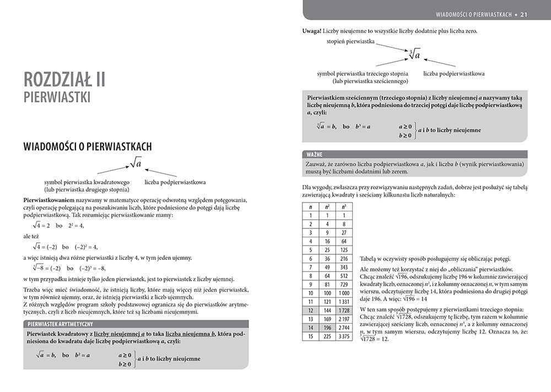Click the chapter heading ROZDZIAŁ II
coord(66,79)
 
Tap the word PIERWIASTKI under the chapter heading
coord(57,98)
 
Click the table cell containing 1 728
coord(344,310)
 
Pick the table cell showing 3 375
coord(344,337)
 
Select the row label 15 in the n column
coord(311,337)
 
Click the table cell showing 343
coord(344,267)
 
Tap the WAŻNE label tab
coord(316,154)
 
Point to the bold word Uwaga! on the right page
coord(313,31)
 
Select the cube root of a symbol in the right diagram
coord(415,55)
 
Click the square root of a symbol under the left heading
coord(136,164)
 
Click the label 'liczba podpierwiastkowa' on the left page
coord(175,181)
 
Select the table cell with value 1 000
coord(344,292)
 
